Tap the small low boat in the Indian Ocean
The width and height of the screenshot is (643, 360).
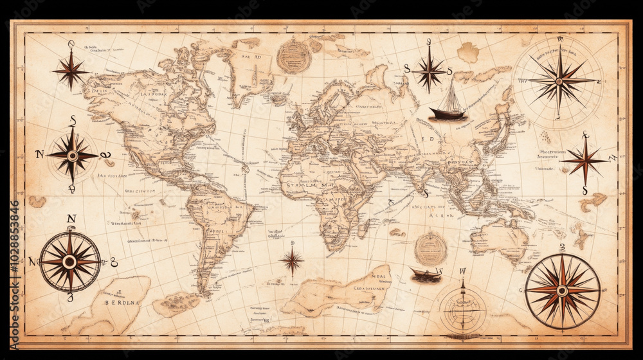[426, 274]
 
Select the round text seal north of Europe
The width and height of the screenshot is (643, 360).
[294, 57]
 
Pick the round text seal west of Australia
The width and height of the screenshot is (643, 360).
[430, 248]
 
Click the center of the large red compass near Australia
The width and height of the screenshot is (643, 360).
[562, 291]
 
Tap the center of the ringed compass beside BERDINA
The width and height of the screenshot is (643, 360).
[69, 262]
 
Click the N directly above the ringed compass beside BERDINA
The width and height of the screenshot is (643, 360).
[71, 219]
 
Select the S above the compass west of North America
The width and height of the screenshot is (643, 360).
[73, 120]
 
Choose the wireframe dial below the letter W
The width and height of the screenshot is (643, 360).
[462, 307]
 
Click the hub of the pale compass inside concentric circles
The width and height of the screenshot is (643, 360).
[559, 81]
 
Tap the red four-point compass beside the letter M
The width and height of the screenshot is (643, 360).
[584, 161]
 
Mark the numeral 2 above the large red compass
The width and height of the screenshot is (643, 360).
[561, 247]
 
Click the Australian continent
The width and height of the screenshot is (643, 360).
[498, 240]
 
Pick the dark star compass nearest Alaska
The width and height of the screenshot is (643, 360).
[71, 69]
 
